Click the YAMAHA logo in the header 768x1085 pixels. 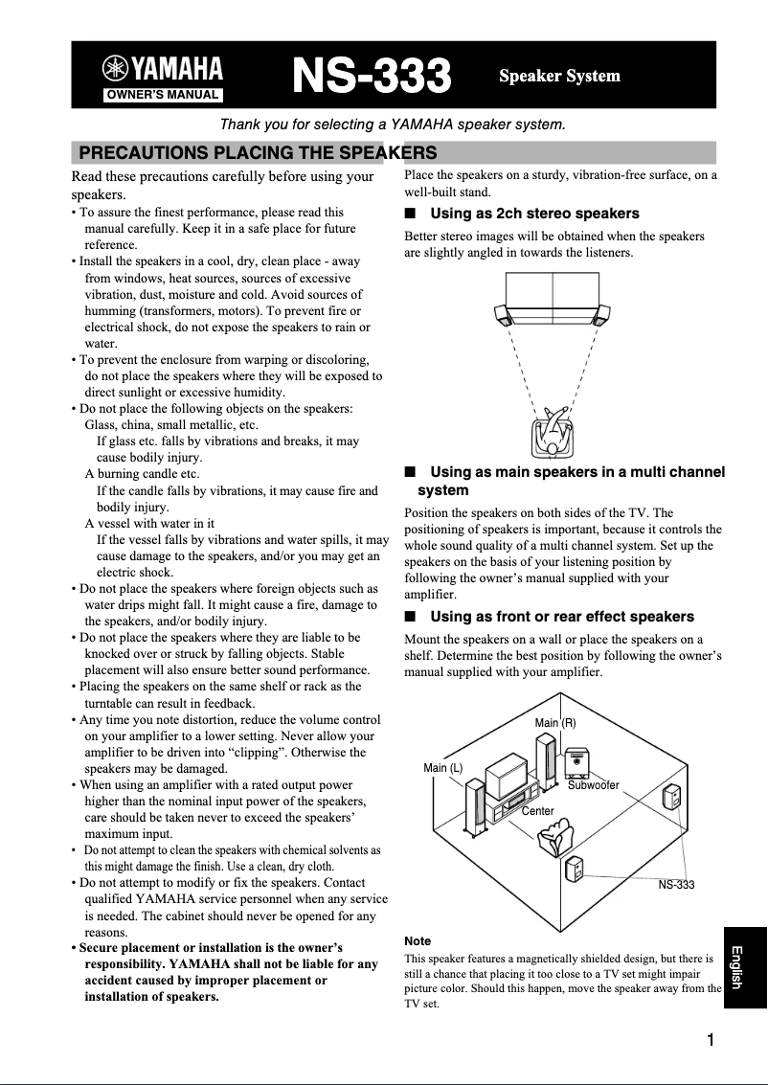tap(163, 69)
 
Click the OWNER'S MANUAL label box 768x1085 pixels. tap(163, 94)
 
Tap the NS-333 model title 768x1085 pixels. tap(372, 76)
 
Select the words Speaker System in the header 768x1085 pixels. tap(559, 76)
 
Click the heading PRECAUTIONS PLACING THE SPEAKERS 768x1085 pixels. tap(257, 152)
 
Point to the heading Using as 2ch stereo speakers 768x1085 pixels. tap(534, 213)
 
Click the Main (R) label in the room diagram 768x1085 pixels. tap(554, 722)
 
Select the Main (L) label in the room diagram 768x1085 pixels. tap(442, 768)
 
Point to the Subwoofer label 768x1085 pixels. tap(594, 785)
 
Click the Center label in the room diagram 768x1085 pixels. tap(537, 811)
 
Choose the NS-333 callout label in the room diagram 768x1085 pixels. tap(676, 885)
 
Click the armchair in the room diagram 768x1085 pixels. tap(555, 840)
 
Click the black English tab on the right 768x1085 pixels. tap(745, 967)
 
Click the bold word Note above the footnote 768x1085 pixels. tap(418, 941)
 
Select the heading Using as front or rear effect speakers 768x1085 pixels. tap(561, 616)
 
